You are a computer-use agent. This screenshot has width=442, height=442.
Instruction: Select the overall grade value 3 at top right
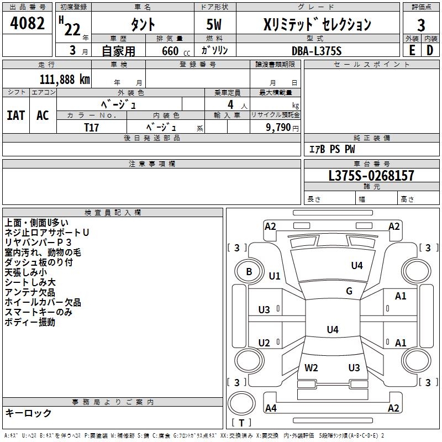pos(421,25)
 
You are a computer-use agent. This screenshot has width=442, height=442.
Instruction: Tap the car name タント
pos(143,25)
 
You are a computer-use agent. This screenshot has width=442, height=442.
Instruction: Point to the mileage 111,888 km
pos(65,79)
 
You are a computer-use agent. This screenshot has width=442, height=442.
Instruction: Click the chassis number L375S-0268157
pos(371,176)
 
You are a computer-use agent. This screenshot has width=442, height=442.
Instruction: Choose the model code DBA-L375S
pos(317,51)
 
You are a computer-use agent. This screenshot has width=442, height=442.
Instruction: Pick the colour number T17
pos(92,127)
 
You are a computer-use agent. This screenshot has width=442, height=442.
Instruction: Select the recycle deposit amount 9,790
pos(277,127)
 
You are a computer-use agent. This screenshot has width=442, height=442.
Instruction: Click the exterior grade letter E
pos(412,50)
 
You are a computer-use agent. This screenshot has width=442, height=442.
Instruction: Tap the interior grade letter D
pos(430,50)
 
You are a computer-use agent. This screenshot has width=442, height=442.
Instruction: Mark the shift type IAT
pos(15,115)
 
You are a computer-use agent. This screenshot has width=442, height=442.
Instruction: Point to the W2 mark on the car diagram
pos(312,367)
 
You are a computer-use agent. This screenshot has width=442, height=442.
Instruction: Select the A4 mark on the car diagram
pos(271,408)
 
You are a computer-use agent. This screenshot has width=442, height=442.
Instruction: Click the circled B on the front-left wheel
pos(249,272)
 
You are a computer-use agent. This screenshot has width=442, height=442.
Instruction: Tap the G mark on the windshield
pos(349,291)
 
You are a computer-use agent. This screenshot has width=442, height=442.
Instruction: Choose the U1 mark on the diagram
pos(275,276)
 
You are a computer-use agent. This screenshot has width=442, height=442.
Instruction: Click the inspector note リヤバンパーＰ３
pos(38,243)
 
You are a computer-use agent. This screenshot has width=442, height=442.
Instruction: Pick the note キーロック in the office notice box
pos(29,413)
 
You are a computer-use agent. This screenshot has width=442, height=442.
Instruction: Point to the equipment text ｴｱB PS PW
pos(332,149)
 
